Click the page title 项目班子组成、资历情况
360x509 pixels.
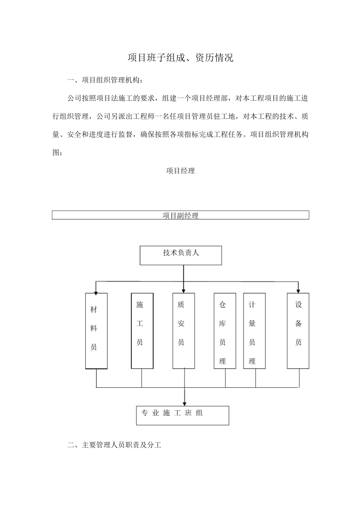point(180,58)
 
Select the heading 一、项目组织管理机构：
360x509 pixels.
point(105,80)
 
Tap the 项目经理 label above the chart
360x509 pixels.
point(180,171)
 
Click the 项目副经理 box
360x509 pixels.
point(180,215)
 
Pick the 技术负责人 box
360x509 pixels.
point(181,255)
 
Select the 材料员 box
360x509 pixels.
point(97,331)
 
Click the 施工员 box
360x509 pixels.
point(142,331)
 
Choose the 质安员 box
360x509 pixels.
point(184,331)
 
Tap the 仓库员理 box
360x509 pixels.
point(225,331)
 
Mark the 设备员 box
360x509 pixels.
point(298,331)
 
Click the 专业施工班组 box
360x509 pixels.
point(183,415)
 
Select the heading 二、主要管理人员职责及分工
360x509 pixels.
point(114,445)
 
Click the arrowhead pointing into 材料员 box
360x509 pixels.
point(96,291)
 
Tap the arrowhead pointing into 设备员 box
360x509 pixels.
point(298,291)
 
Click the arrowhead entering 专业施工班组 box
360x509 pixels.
point(184,404)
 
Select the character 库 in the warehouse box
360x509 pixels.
point(222,323)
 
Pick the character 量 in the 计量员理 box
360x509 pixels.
point(252,323)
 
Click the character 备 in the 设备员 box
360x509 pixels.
point(299,323)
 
